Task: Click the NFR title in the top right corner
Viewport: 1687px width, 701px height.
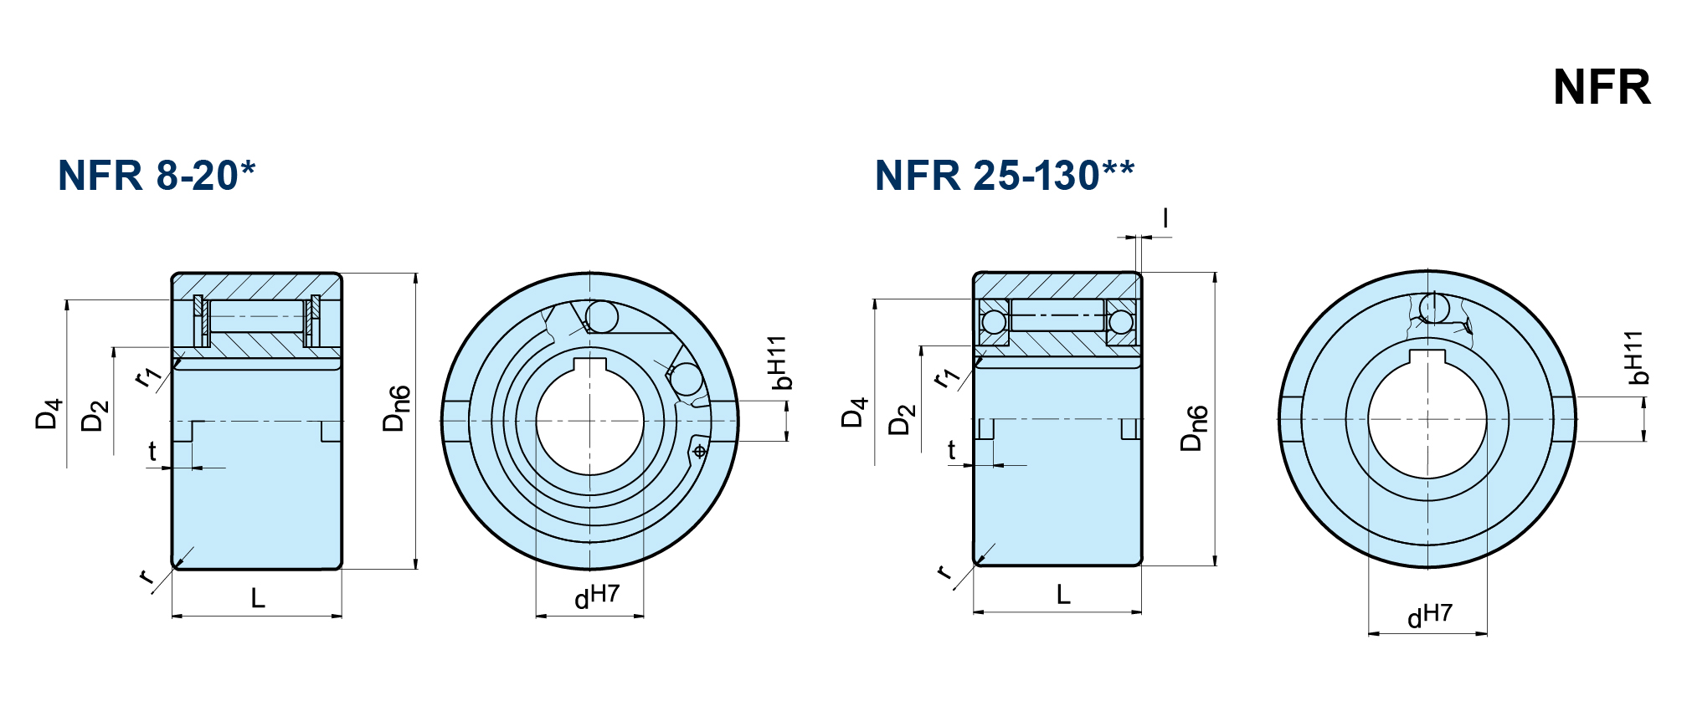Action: tap(1601, 87)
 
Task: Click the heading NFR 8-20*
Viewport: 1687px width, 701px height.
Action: tap(156, 176)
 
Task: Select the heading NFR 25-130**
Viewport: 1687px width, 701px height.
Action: tap(1004, 176)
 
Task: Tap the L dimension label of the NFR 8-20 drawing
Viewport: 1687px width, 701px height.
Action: tap(258, 598)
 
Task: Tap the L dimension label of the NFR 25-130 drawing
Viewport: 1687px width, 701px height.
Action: tap(1063, 595)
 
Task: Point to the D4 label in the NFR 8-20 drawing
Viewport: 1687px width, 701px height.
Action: tap(49, 414)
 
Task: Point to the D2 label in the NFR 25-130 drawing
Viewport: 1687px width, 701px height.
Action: tap(902, 419)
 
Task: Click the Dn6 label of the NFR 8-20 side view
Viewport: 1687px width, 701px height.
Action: tap(397, 408)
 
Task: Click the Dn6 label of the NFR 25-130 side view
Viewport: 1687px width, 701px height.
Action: tap(1194, 428)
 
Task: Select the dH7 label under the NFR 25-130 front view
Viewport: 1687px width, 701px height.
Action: tap(1429, 615)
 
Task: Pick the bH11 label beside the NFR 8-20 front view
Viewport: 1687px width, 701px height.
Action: tap(779, 363)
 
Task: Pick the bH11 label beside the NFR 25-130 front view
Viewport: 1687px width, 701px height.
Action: tap(1635, 358)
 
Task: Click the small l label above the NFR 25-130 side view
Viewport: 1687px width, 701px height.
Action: tap(1165, 218)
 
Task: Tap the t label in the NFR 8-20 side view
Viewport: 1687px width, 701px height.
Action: tap(152, 452)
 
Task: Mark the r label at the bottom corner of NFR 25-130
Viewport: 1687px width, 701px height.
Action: tap(945, 572)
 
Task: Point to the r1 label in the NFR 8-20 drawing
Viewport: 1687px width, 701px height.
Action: tap(147, 376)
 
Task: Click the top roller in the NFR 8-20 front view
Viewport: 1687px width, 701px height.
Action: tap(602, 317)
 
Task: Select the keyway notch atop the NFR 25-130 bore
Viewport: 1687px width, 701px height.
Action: tap(1427, 358)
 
